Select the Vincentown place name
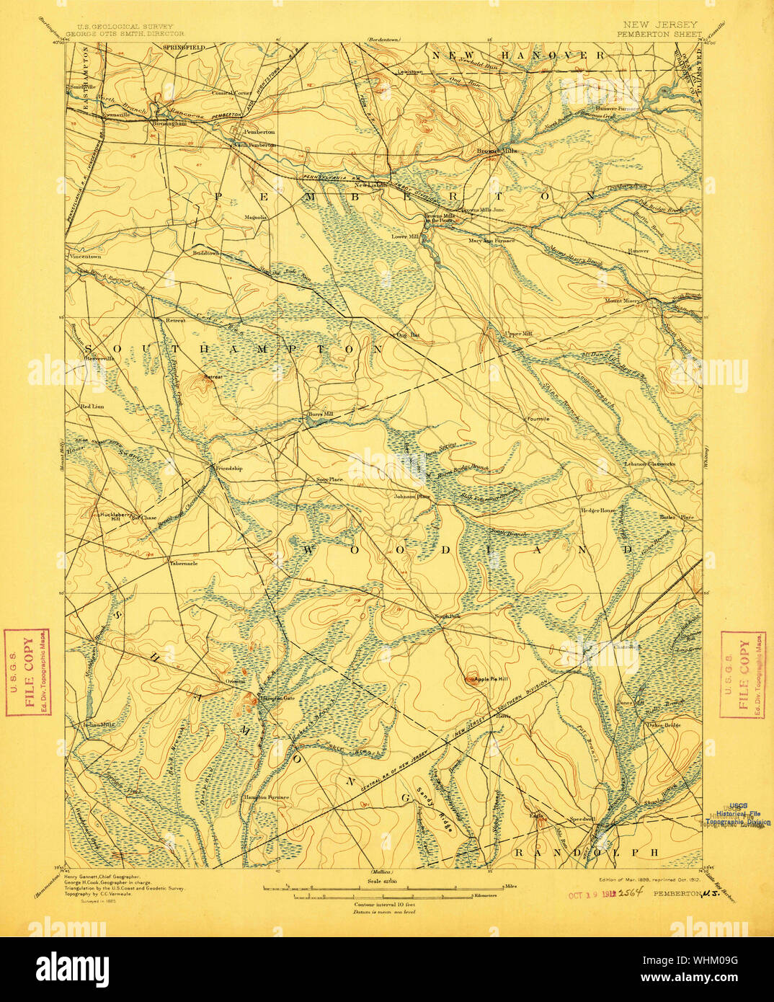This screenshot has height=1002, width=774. click(86, 257)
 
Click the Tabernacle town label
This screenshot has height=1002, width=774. click(183, 563)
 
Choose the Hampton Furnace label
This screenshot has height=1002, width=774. click(267, 797)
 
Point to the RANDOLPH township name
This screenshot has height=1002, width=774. click(587, 853)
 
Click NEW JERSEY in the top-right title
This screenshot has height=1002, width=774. click(658, 25)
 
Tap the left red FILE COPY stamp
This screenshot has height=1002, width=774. click(27, 673)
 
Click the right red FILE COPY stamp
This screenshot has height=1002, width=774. click(743, 675)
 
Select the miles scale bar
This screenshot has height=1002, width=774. click(388, 887)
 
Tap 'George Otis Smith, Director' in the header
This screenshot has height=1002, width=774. click(125, 33)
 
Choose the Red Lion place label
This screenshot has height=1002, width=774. click(93, 407)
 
